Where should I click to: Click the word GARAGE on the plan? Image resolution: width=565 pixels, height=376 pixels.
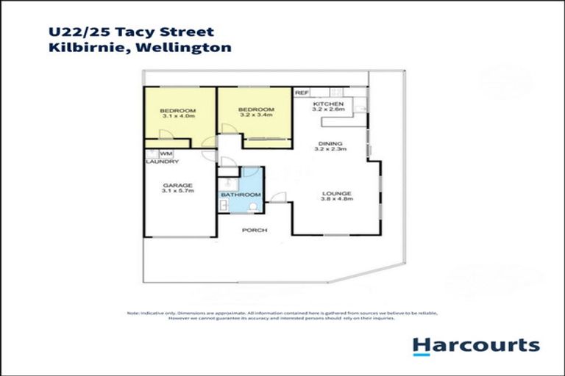178,185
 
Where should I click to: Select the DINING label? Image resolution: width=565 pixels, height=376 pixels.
329,143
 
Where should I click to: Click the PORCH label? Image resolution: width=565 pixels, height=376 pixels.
255,230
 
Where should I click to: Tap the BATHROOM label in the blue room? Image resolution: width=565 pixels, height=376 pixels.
241,195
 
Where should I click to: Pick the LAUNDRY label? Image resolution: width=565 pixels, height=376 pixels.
161,161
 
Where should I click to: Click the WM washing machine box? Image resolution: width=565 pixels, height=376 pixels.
167,153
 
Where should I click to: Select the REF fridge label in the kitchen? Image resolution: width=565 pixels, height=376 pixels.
301,93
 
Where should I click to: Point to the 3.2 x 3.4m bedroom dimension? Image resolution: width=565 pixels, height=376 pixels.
256,115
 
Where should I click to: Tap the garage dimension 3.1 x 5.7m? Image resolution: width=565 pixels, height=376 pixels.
178,192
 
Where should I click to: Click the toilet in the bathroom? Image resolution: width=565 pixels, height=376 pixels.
253,208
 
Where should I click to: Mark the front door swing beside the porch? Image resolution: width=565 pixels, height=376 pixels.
277,197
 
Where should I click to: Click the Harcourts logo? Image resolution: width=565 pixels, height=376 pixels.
475,345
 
